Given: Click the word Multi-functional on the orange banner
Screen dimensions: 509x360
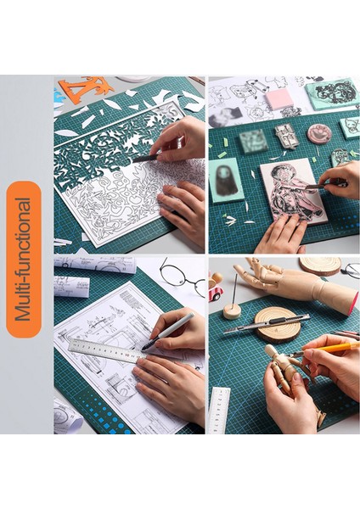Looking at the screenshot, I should coord(25,258).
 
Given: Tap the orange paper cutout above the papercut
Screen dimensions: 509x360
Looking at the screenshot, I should coord(85,87).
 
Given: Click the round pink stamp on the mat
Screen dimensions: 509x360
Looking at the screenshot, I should coord(320,133).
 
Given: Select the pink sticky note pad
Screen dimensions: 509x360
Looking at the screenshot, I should coord(279,99).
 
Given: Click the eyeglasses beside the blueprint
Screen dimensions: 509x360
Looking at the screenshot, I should coord(183,277).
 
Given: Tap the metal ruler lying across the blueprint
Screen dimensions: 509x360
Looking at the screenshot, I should coord(106,349).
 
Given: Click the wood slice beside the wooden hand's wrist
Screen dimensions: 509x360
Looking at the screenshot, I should coord(321,265).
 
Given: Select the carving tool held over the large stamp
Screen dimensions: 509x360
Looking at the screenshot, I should coord(325,184).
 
